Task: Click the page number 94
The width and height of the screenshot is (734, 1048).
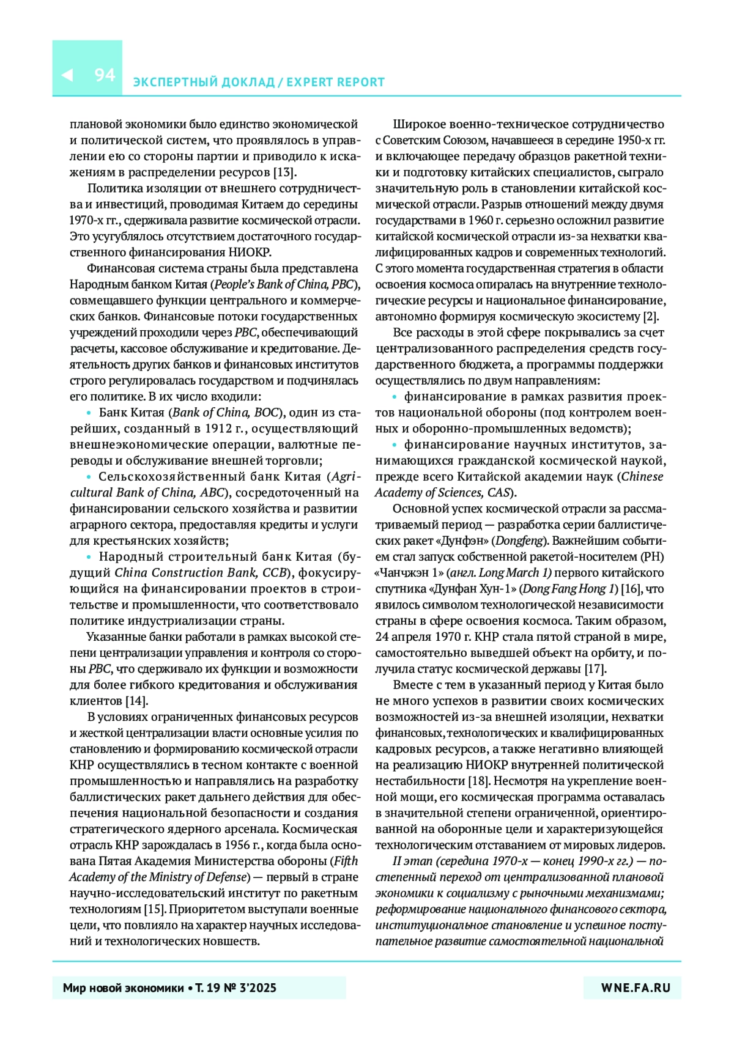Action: click(105, 75)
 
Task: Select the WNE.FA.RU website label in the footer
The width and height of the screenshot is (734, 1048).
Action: click(636, 987)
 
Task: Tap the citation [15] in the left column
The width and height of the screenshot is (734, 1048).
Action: click(155, 909)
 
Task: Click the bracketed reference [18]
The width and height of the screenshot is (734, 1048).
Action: click(479, 781)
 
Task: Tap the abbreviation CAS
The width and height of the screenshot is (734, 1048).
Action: click(499, 493)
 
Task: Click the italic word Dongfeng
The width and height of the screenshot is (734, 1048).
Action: click(519, 541)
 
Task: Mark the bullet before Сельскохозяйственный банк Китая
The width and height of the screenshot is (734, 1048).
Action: click(89, 477)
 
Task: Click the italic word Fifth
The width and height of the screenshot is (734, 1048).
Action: click(346, 861)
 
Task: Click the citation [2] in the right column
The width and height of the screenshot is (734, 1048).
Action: click(650, 316)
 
